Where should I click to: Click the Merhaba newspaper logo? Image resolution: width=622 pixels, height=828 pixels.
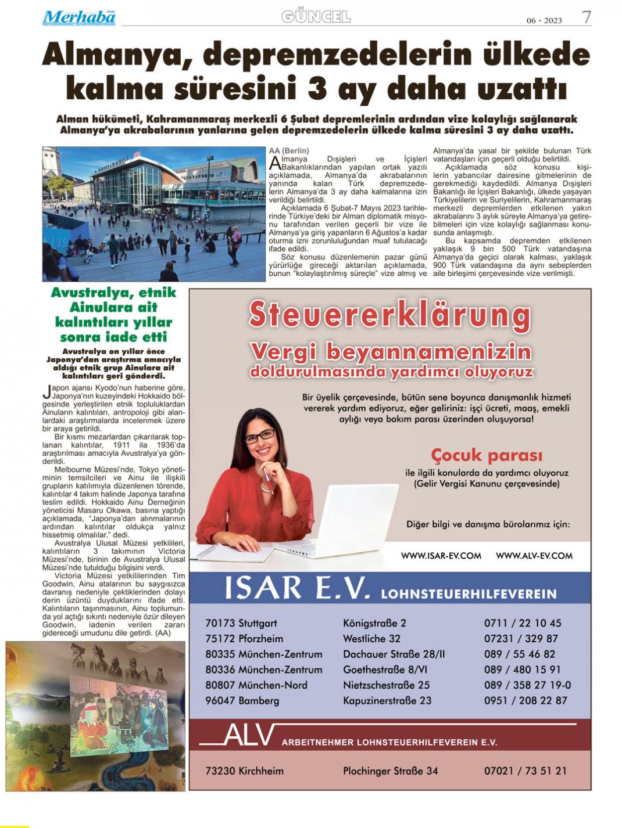click(78, 18)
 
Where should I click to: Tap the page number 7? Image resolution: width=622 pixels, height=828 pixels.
click(587, 17)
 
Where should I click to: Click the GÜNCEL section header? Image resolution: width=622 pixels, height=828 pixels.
click(316, 17)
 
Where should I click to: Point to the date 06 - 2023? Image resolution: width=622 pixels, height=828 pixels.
click(544, 20)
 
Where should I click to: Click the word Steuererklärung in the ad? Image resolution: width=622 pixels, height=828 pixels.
click(389, 316)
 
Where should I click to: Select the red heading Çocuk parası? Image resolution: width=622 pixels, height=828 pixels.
click(487, 455)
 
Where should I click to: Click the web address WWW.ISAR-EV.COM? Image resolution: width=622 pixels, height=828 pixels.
click(441, 556)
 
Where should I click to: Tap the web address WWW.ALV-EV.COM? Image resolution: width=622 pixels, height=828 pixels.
click(534, 556)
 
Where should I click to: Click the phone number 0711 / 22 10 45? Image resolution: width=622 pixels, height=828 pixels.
click(523, 623)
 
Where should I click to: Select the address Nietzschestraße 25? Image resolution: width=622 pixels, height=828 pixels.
click(386, 685)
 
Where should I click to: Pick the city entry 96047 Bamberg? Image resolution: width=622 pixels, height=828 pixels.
click(242, 700)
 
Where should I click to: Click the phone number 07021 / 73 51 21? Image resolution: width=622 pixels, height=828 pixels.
click(525, 771)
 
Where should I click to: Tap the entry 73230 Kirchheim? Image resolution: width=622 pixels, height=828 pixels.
click(244, 771)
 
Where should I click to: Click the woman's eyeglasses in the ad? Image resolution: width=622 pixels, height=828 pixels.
click(260, 435)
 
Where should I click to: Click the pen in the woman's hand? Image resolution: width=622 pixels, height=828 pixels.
click(268, 478)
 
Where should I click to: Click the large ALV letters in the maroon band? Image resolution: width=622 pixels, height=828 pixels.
click(248, 736)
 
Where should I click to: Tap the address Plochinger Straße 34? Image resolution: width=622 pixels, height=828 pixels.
click(390, 771)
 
